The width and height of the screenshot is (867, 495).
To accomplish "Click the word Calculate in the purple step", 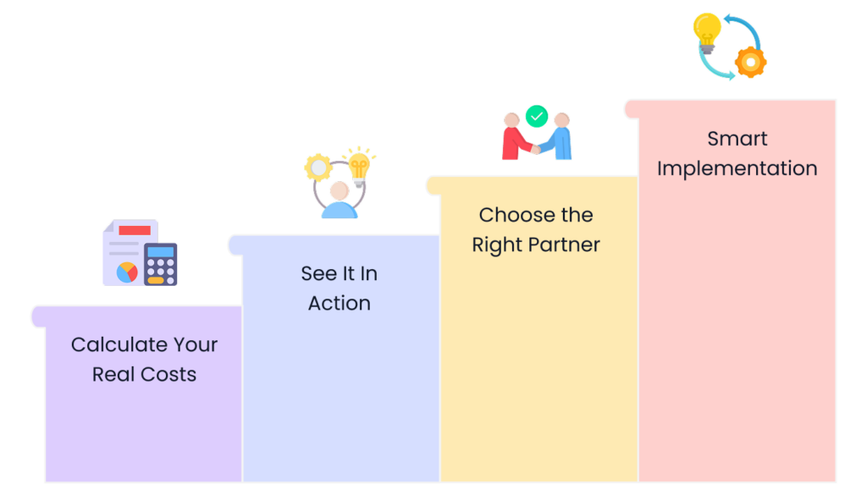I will tap(109, 344).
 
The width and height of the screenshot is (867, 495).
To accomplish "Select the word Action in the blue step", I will tap(339, 303).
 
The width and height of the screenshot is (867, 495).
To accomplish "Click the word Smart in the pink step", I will tap(737, 139).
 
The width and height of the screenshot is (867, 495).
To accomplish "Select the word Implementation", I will tap(737, 168).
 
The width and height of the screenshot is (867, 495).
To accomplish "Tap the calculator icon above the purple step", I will tap(160, 264).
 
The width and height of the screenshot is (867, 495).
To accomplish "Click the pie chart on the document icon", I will tap(127, 272).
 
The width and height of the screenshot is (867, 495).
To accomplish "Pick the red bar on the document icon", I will tap(134, 230).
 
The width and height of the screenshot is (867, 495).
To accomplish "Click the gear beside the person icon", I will tap(318, 167).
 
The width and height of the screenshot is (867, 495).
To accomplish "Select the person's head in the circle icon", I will tap(340, 190).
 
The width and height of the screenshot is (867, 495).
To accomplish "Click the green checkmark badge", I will tap(537, 116).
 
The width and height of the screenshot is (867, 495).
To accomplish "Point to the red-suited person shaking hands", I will tap(514, 136).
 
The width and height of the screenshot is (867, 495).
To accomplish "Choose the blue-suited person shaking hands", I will tap(560, 136).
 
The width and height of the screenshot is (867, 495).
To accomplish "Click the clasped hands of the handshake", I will tap(536, 149).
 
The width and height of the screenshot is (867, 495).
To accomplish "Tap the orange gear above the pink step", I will tap(750, 62).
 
